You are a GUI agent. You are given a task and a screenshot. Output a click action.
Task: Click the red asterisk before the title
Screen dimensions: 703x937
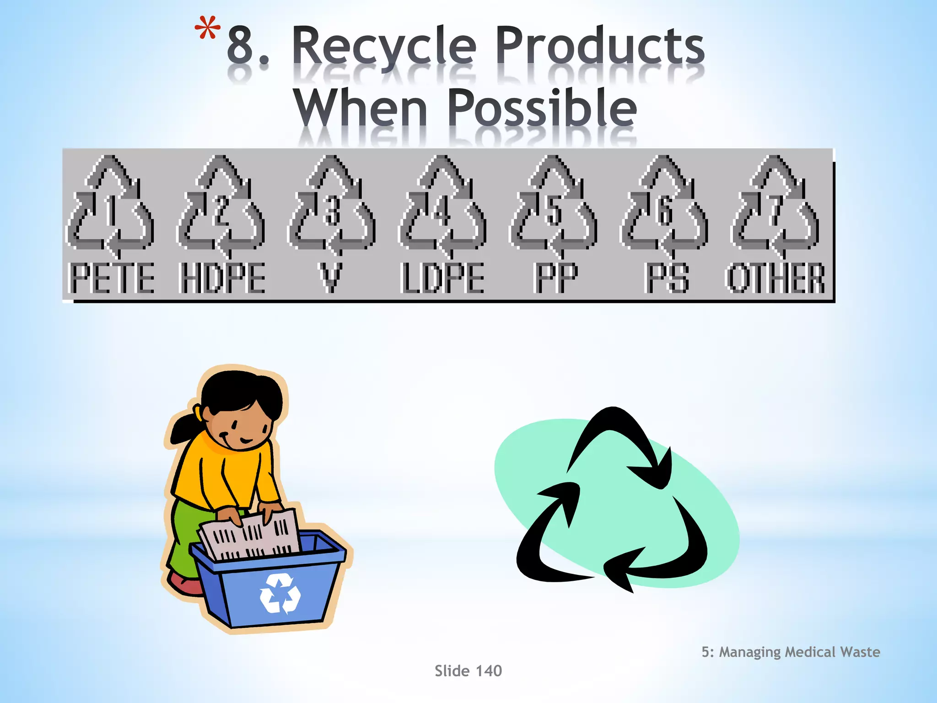[207, 30]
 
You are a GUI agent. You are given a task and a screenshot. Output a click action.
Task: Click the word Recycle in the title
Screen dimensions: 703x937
[384, 46]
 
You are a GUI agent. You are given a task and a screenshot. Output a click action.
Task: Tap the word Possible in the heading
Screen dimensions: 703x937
[542, 108]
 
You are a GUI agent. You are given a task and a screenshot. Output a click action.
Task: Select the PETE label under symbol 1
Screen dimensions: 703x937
[112, 278]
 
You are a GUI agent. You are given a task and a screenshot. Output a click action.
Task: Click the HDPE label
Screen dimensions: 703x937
[222, 278]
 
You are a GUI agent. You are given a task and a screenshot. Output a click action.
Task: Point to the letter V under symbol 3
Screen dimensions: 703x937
[330, 278]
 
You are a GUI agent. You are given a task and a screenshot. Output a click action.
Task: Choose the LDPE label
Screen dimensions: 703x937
[442, 278]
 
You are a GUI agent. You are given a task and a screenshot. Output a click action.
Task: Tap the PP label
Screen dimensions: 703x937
[556, 278]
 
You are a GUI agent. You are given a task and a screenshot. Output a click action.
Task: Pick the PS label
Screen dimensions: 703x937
[667, 278]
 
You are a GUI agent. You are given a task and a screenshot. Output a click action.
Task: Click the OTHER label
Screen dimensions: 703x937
[776, 278]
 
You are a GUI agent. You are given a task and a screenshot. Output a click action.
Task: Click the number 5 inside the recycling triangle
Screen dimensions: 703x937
[554, 211]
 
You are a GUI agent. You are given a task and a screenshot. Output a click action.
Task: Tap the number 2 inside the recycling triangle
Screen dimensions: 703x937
[222, 211]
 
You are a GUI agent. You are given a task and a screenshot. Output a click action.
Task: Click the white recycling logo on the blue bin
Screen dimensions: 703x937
[280, 594]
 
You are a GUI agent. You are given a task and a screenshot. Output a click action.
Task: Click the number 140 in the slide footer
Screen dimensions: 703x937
[489, 671]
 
